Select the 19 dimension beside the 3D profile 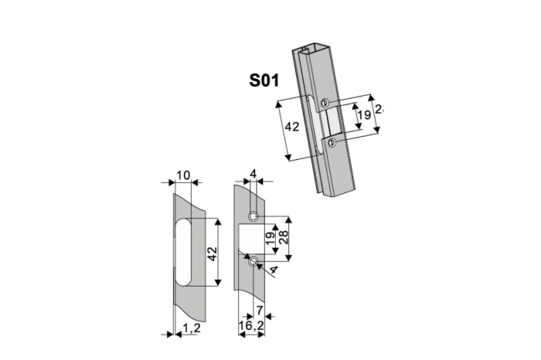360,117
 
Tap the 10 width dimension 183,175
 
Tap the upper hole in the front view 253,216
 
